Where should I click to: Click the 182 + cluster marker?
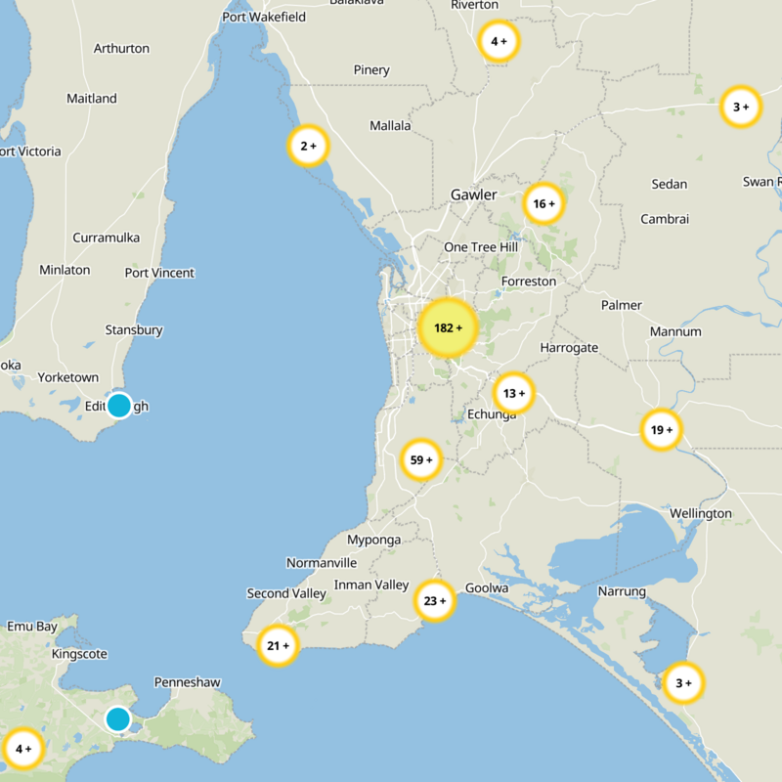point(447,327)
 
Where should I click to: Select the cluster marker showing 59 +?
point(421,459)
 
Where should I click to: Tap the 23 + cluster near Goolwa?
point(434,601)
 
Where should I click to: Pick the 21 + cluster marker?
point(278,645)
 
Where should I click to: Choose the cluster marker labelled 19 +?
point(661,429)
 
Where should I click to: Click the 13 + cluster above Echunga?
point(513,394)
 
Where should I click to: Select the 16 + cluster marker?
point(543,204)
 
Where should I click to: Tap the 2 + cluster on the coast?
point(308,147)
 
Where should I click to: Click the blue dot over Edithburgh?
point(118,405)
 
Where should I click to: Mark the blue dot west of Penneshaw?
point(118,719)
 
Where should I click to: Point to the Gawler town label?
point(473,195)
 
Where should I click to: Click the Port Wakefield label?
point(264,17)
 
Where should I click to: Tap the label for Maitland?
point(92,98)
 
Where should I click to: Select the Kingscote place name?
point(80,653)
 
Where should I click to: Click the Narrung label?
point(622,591)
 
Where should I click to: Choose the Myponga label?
point(374,540)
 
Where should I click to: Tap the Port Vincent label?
point(159,273)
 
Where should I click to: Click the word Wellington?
point(701,513)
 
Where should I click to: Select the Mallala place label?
point(390,125)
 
